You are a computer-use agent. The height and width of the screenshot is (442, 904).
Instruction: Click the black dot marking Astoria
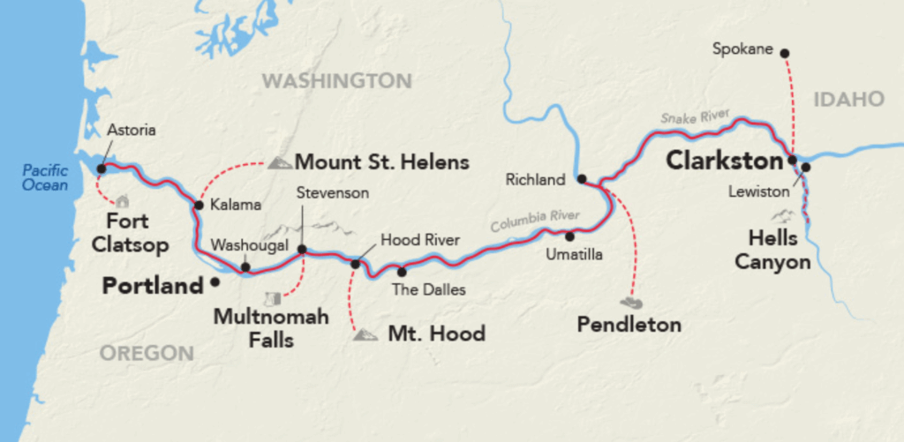pos(102,168)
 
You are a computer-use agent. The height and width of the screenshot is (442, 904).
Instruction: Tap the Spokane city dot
pos(786,52)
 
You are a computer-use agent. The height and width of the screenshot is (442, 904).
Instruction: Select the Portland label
pos(153,286)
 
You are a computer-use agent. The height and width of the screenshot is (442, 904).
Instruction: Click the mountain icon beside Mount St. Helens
pos(280,162)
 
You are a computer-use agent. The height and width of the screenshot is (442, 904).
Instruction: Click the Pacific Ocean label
pos(46,177)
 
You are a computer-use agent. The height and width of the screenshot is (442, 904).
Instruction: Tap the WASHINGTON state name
pos(336,81)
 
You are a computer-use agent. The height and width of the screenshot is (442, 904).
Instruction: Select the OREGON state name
pos(147,353)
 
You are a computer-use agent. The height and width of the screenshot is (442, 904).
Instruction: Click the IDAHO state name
pos(849,99)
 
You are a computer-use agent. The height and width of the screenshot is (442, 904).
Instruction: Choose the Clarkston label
pos(724,161)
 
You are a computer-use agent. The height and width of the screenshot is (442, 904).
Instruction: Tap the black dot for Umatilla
pos(569,236)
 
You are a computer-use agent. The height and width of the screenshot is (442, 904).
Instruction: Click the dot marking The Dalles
pos(402,271)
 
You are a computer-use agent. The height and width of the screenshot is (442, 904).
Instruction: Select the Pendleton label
pos(629,325)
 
